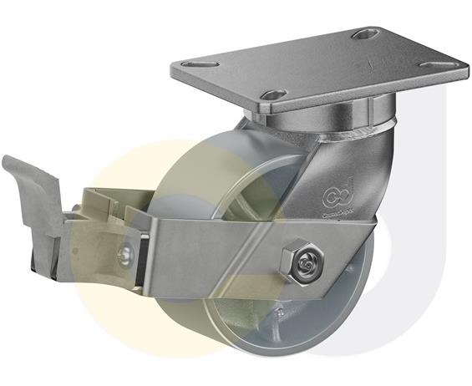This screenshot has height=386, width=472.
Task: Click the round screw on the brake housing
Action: pos(124,253)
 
